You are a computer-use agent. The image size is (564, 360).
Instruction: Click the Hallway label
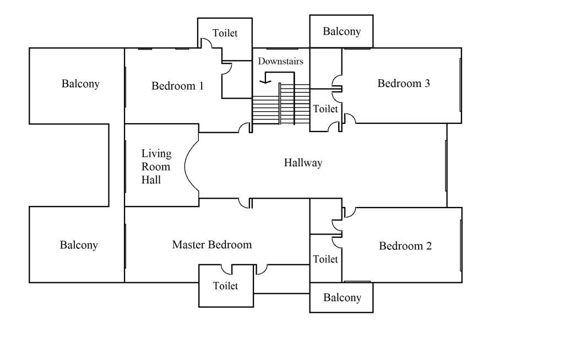(303, 162)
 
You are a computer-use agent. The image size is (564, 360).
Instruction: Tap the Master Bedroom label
(211, 245)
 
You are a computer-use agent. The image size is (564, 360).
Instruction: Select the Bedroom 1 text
(177, 86)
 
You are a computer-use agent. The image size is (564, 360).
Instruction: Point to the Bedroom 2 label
(405, 246)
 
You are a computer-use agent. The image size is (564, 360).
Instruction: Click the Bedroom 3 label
(403, 84)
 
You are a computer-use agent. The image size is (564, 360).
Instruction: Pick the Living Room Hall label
(156, 166)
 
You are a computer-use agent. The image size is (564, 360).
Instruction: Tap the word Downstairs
(280, 61)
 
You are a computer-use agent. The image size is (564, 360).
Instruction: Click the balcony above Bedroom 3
(341, 31)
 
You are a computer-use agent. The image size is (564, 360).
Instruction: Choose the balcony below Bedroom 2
(342, 298)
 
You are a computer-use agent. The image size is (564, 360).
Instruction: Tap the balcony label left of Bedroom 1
(80, 84)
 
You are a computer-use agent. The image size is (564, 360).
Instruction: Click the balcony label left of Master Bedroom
(79, 245)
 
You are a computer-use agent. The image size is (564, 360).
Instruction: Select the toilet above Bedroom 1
(225, 33)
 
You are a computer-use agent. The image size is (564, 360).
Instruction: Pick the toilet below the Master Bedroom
(225, 286)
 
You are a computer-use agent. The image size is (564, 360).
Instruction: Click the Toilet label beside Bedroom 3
(325, 109)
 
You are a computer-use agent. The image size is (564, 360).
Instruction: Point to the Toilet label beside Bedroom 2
(325, 259)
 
